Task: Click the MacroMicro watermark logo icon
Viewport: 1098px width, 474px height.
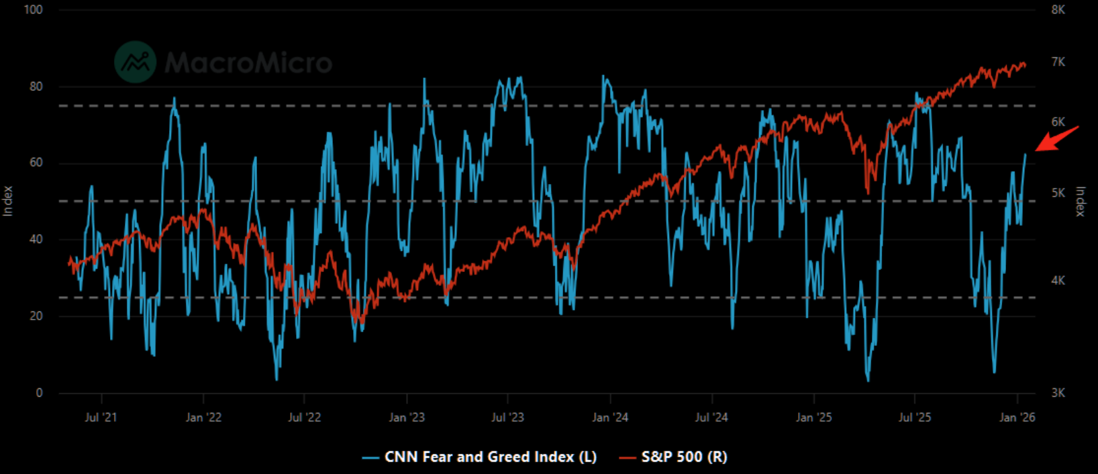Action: [135, 62]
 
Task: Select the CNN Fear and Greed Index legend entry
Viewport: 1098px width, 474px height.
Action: [479, 457]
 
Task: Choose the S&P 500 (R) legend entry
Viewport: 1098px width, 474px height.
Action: [674, 457]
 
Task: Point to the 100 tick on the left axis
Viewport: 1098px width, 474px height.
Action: [33, 10]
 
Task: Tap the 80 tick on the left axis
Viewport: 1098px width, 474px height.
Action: [36, 87]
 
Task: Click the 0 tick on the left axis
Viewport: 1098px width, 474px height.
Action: [39, 393]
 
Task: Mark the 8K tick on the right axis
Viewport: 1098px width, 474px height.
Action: [1058, 10]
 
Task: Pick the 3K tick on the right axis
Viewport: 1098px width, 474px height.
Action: [1058, 393]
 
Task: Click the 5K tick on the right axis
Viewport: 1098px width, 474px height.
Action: [1058, 193]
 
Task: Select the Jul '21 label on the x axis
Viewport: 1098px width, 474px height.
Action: [101, 418]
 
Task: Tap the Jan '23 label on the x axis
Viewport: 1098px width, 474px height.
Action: [407, 418]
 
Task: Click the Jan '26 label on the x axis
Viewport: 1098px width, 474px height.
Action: [1017, 418]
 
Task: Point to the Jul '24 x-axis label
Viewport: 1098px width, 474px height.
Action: [711, 418]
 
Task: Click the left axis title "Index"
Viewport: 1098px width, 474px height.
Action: [8, 201]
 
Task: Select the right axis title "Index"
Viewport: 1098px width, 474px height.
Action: [1081, 201]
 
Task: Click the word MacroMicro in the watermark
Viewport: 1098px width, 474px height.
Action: [248, 63]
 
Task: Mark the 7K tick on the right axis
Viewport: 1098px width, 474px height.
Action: [1058, 62]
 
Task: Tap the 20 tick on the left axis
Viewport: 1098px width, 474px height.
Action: [36, 316]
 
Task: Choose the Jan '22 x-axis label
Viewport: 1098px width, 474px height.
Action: [203, 418]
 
